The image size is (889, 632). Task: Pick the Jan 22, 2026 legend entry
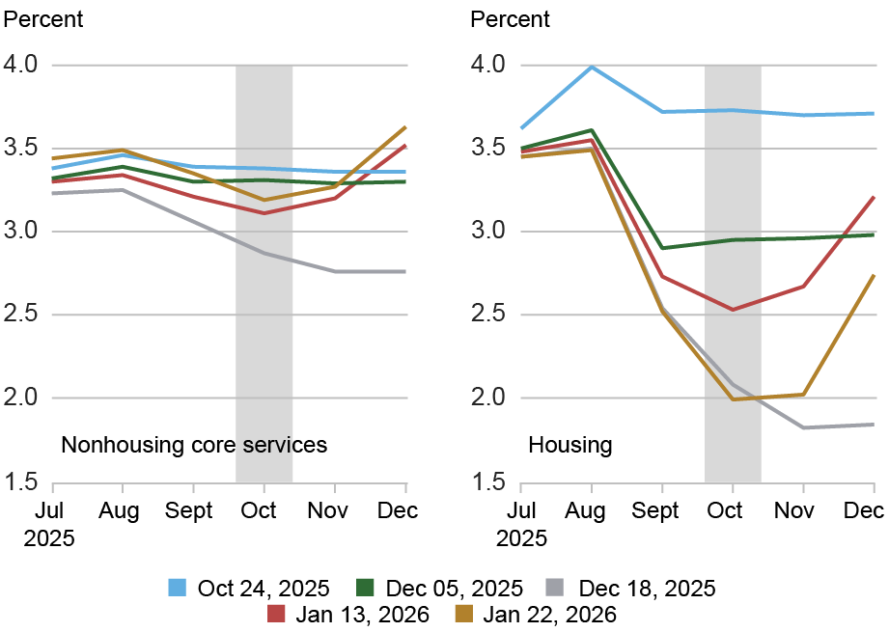coord(533,614)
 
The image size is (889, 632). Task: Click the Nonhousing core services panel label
coord(194,445)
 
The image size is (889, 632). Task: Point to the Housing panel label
coord(570,445)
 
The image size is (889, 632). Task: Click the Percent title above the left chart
coord(44,18)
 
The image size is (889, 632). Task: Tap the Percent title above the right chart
coord(509,18)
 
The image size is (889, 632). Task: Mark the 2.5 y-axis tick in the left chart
coord(23,315)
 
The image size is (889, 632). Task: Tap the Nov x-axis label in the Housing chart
coord(802,509)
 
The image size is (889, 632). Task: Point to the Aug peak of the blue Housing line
coord(591,67)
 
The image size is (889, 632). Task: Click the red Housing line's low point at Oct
coord(733,310)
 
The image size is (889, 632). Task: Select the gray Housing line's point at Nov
coord(802,427)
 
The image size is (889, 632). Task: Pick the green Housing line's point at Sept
coord(661,248)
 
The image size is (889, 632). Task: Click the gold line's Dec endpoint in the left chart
coord(405,126)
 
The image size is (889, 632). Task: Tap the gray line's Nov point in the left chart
coord(335,272)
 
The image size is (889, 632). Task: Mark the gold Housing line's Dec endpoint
coord(874,275)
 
